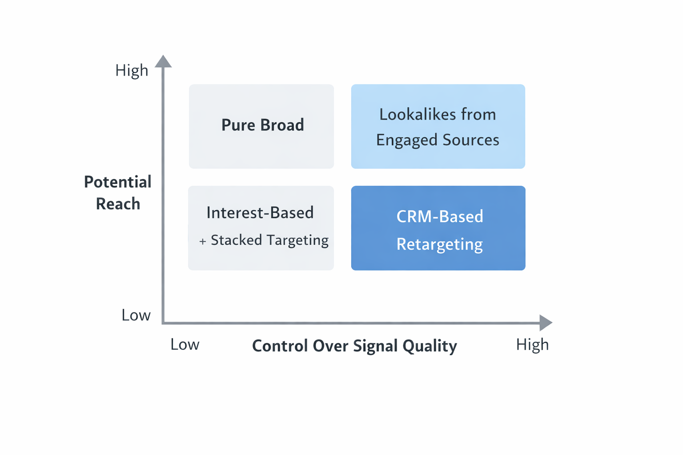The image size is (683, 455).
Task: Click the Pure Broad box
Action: (261, 126)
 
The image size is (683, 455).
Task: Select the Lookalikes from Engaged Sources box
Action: (438, 126)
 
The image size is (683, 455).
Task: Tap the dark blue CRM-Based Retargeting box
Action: (438, 228)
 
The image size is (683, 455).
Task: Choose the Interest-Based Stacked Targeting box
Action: (261, 228)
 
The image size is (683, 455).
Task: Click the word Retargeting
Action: (439, 244)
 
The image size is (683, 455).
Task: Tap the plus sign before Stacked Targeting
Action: (203, 241)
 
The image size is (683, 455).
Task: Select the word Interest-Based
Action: (260, 213)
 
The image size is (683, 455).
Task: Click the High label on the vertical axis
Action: (132, 70)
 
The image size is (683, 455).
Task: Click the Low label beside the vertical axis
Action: (136, 315)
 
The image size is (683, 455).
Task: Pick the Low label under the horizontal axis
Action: (185, 345)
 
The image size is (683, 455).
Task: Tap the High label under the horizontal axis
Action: (532, 345)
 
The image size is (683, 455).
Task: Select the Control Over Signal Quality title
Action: (354, 346)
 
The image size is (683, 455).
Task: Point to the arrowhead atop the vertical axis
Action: (163, 61)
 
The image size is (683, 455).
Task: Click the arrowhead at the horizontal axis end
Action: (546, 323)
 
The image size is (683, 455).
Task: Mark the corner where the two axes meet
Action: (163, 323)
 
